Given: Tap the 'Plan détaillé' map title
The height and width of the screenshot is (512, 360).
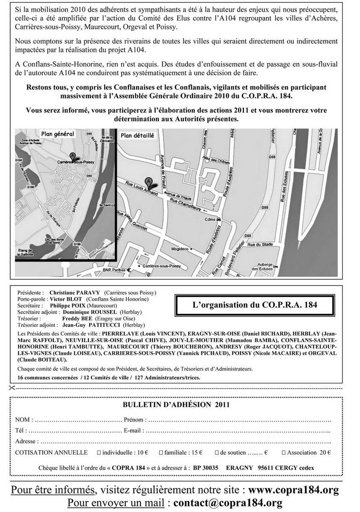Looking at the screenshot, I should [x=138, y=135].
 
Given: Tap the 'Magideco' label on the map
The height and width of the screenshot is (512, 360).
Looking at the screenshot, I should [x=180, y=249].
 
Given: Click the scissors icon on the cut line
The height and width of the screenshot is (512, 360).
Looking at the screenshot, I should [x=11, y=388].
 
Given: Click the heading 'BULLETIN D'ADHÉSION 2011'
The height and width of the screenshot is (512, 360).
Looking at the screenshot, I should [x=176, y=404].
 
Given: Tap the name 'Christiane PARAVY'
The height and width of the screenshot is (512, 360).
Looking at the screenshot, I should [x=74, y=293].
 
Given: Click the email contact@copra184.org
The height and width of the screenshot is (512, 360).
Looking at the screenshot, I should [x=228, y=503].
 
